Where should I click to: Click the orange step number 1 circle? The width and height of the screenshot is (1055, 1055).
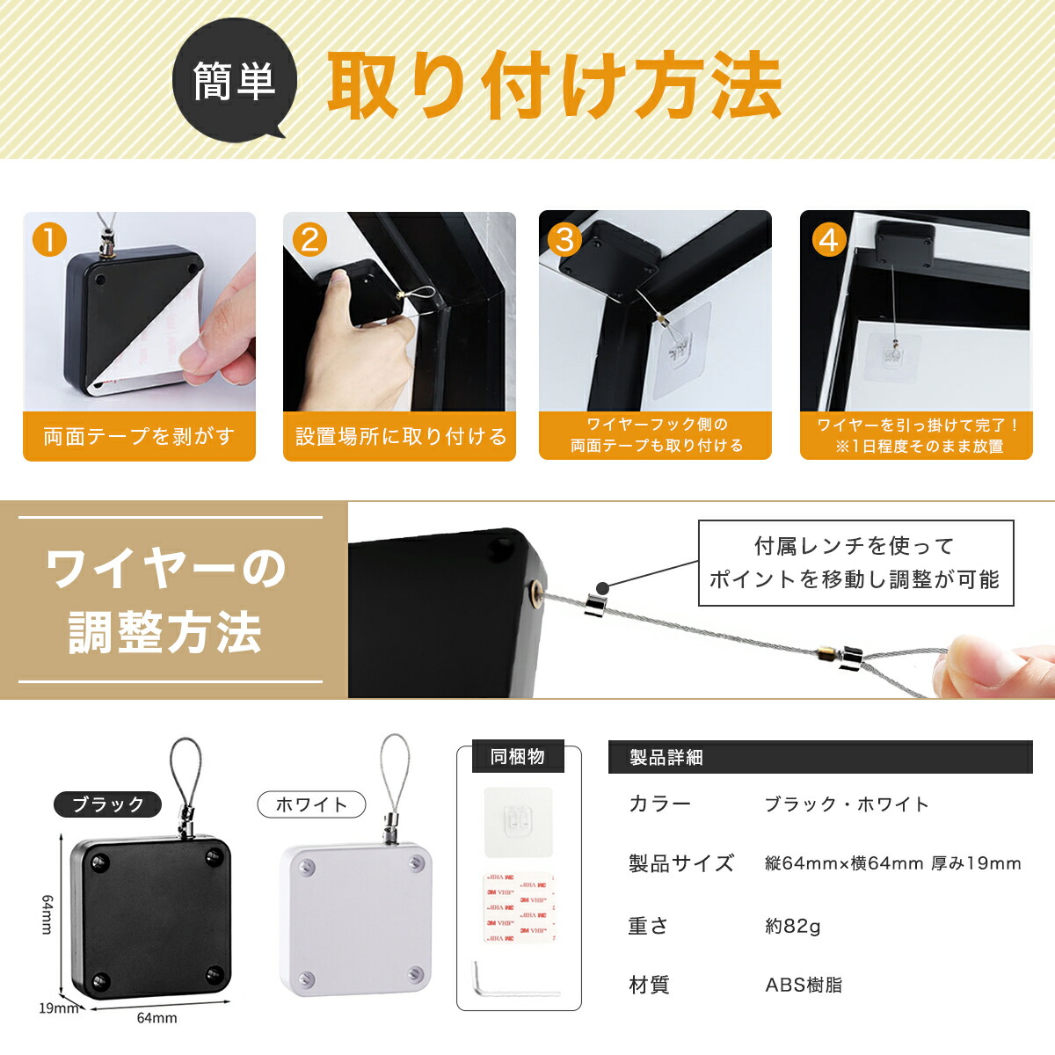pos(49,240)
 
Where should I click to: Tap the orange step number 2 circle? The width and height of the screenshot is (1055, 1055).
pos(309,240)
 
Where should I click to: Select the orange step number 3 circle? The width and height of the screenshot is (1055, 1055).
pos(565,240)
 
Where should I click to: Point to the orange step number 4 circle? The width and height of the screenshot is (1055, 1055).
pos(829,240)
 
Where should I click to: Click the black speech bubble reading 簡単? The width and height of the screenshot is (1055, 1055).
pos(235,80)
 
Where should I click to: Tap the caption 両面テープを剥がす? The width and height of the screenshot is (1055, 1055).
pos(139,436)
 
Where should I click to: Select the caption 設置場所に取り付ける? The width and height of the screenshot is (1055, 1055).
pos(400,436)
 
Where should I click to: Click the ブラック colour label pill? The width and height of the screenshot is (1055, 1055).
pos(108,804)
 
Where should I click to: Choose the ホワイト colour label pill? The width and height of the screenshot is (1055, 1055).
pos(311,804)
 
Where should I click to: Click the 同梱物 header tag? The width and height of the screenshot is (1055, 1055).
pos(518,757)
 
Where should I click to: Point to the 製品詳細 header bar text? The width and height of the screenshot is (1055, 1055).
pos(666,758)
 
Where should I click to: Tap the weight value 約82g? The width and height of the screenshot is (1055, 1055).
pos(793,927)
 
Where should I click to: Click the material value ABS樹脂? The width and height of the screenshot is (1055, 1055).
pos(804,985)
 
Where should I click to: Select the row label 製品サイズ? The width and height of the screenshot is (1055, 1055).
pos(681,863)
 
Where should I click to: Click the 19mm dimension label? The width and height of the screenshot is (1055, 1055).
pos(58,1008)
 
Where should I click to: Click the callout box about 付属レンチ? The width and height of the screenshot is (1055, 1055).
pos(855,563)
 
